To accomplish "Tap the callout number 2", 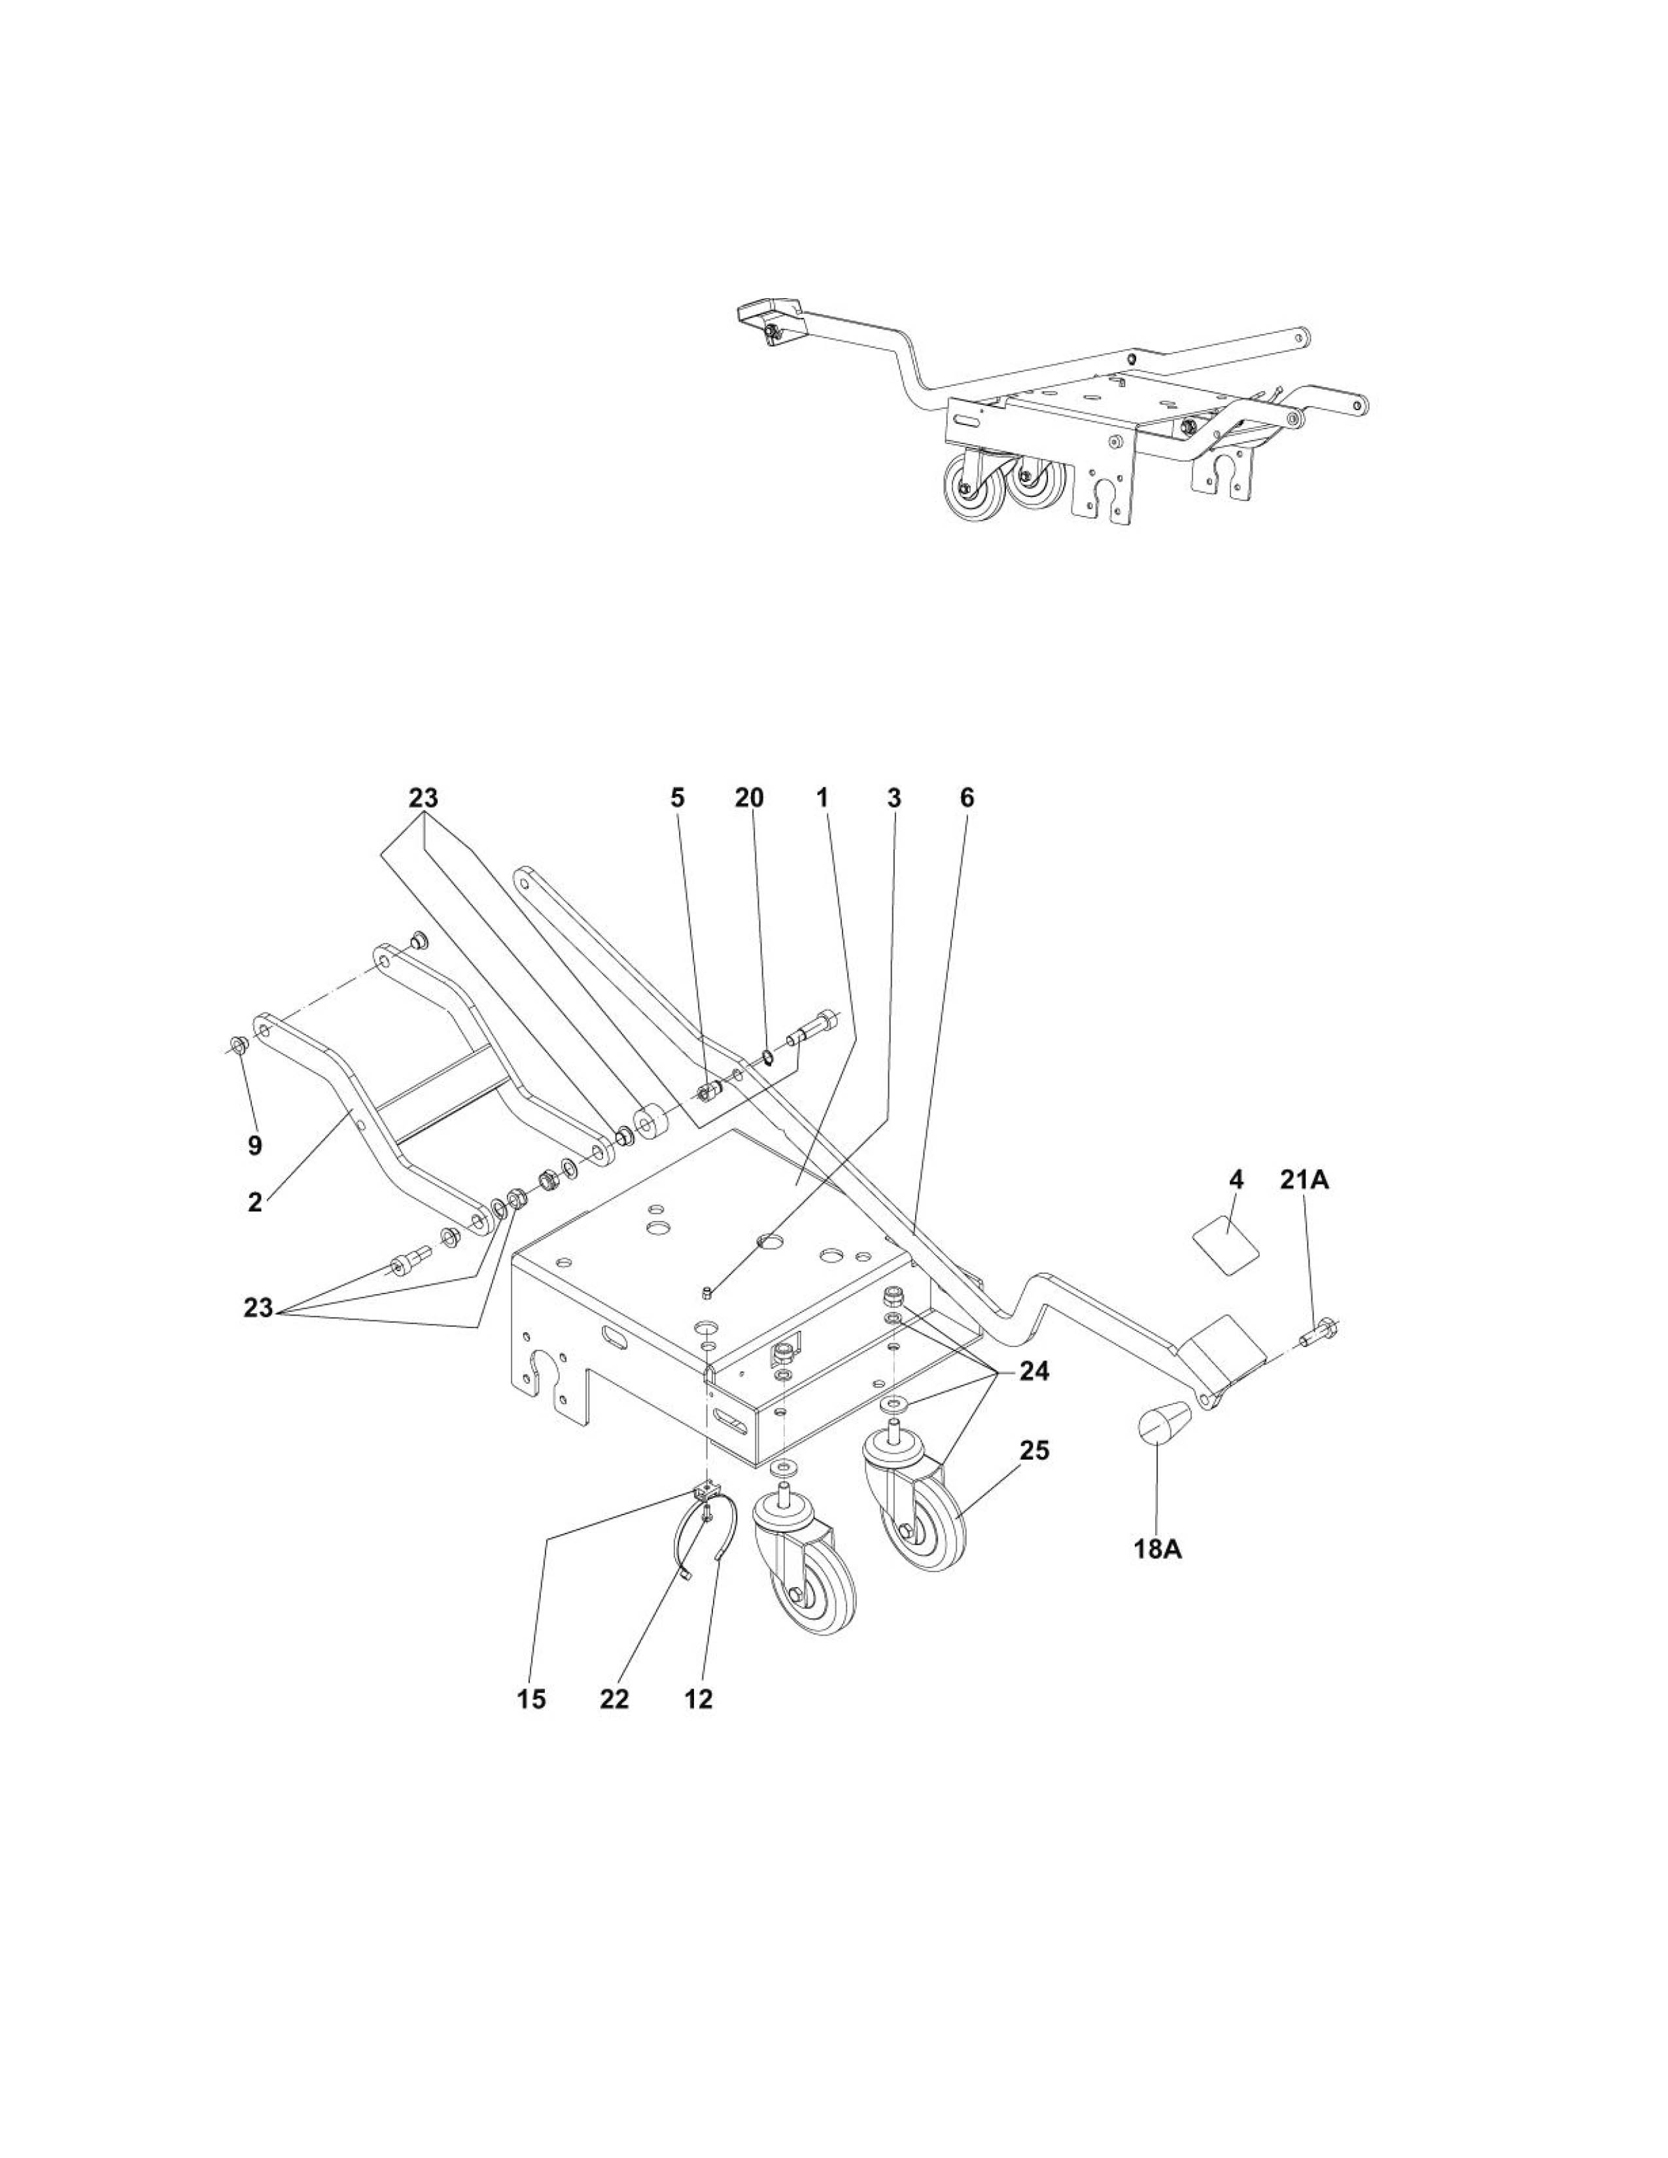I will click(255, 1203).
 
